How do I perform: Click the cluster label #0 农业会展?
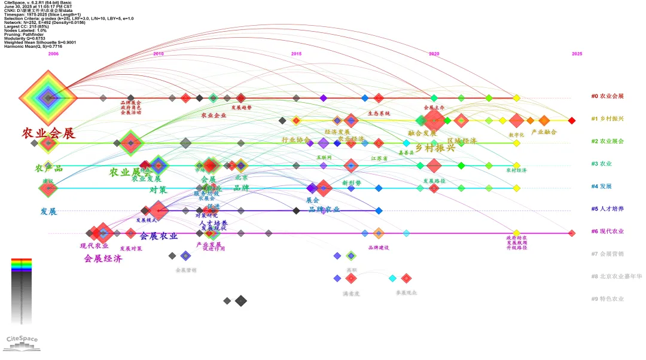tap(607, 96)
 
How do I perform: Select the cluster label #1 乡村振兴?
tap(607, 119)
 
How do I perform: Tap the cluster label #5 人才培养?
tap(607, 209)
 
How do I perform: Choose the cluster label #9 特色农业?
tap(607, 298)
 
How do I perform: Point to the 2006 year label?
tap(53, 54)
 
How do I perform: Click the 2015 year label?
tap(296, 54)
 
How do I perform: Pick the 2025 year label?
tap(577, 54)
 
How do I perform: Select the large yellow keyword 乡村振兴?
tap(435, 147)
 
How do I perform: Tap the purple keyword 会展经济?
tap(103, 259)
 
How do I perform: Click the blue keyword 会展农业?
tap(159, 236)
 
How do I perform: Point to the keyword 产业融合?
tap(544, 132)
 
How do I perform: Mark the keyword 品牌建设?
tap(379, 247)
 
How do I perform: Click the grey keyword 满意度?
tap(351, 294)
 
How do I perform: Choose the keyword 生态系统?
tap(379, 113)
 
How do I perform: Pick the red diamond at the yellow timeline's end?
tap(572, 121)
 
